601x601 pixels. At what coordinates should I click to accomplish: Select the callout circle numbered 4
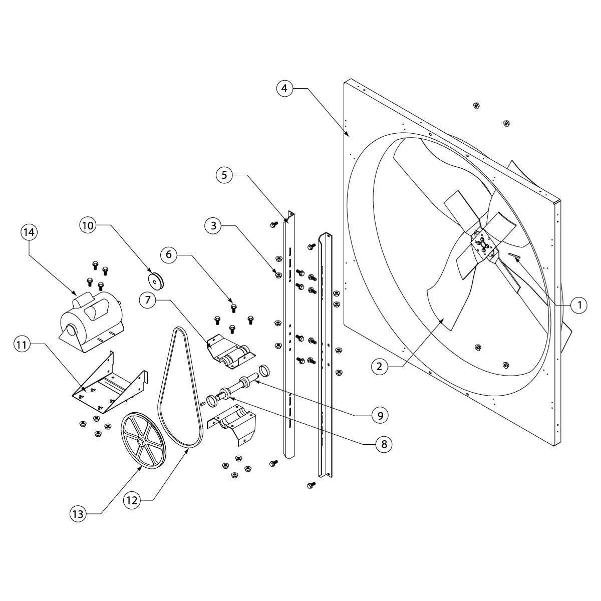pyautogui.click(x=284, y=89)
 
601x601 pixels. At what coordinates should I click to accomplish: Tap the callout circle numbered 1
pyautogui.click(x=579, y=304)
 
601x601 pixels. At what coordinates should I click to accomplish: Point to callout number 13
pyautogui.click(x=79, y=513)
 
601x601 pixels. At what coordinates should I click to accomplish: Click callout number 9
pyautogui.click(x=380, y=415)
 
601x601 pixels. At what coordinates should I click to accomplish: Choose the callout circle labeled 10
pyautogui.click(x=88, y=225)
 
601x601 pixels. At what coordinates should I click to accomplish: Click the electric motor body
pyautogui.click(x=90, y=319)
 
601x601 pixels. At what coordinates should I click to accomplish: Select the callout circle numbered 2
pyautogui.click(x=380, y=367)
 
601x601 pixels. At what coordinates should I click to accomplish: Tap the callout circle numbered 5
pyautogui.click(x=224, y=175)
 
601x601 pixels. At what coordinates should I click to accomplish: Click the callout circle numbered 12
pyautogui.click(x=132, y=499)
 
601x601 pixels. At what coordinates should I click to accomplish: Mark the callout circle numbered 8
pyautogui.click(x=384, y=444)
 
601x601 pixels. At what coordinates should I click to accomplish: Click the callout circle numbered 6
pyautogui.click(x=169, y=254)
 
